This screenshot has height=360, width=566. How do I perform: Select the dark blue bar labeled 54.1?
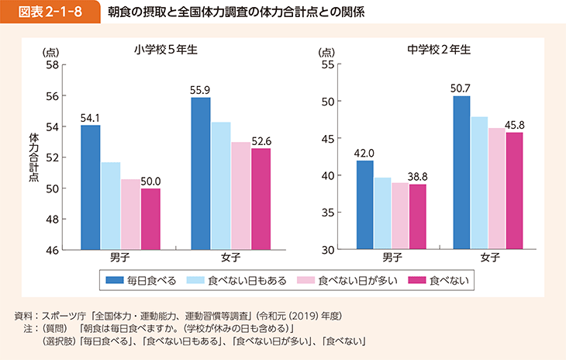[x=90, y=187]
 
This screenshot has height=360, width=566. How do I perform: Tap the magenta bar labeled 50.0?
[x=150, y=219]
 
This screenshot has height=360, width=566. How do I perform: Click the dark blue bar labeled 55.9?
[x=201, y=173]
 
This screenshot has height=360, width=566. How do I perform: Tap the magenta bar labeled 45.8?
[x=513, y=191]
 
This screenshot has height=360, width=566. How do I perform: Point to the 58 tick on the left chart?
[x=52, y=65]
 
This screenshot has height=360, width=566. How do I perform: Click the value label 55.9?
[x=201, y=91]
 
